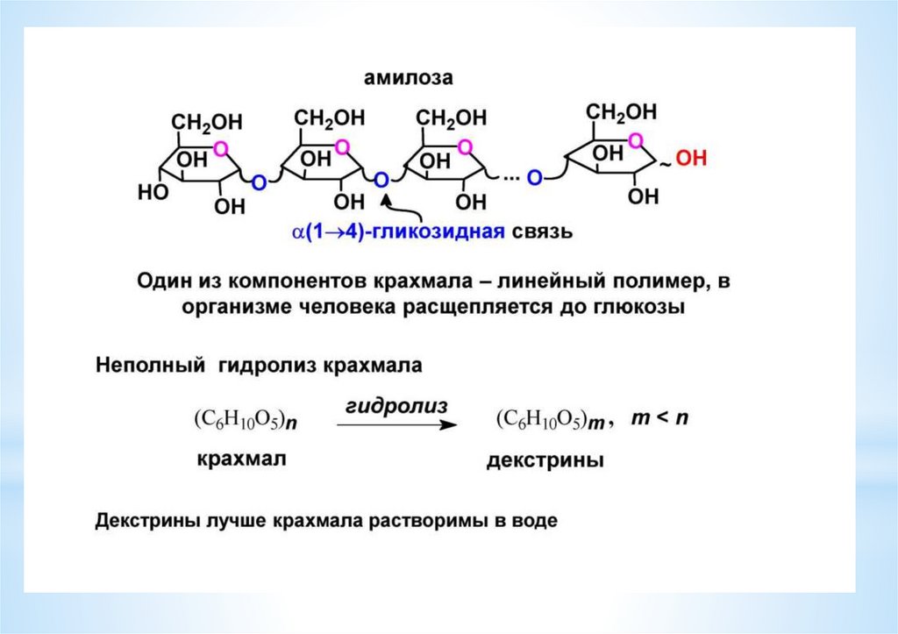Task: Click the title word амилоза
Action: (x=409, y=79)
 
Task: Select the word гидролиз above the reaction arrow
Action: (x=396, y=406)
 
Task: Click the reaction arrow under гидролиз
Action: (x=397, y=425)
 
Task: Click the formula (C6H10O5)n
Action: (x=245, y=420)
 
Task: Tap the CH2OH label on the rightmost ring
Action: (x=621, y=112)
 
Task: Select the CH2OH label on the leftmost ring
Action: (x=207, y=120)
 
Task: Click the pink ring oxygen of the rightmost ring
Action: (x=636, y=140)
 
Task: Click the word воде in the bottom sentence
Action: (x=534, y=520)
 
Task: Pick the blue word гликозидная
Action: (x=448, y=232)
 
